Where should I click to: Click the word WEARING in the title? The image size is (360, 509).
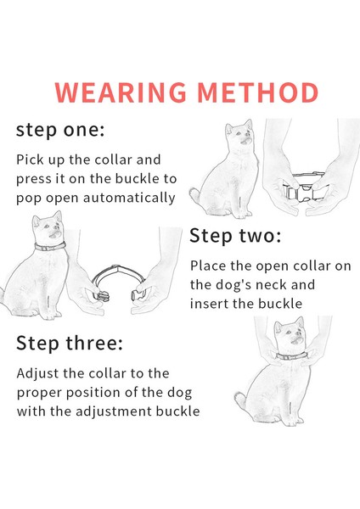click(121, 92)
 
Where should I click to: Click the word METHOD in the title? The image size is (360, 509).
click(257, 92)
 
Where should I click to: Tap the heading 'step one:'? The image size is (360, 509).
click(60, 130)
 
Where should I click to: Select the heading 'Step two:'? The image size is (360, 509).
click(235, 236)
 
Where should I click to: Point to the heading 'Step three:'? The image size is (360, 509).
click(70, 343)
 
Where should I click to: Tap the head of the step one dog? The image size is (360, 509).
click(239, 133)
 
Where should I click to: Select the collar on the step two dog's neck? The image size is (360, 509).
click(50, 247)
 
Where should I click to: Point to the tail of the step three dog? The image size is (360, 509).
click(241, 400)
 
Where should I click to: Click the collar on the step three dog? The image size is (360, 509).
click(291, 355)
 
